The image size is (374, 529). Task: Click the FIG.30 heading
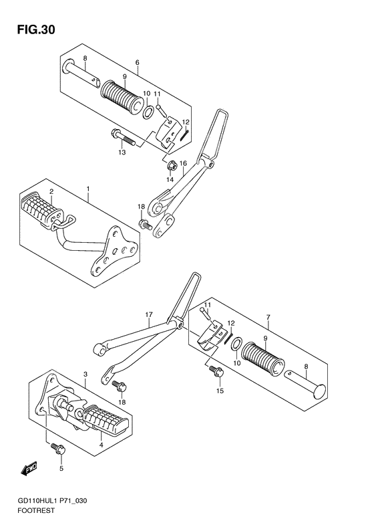click(x=36, y=30)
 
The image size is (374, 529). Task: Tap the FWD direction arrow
click(x=29, y=469)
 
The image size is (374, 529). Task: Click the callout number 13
click(x=122, y=152)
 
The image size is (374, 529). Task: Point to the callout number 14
click(x=170, y=179)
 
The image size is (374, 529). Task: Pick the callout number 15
click(x=220, y=391)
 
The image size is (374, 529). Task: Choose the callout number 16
click(x=183, y=164)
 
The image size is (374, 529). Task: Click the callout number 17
click(x=149, y=315)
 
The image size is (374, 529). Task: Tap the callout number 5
click(x=61, y=468)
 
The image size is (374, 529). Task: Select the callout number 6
click(x=137, y=62)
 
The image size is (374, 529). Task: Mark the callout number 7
click(x=268, y=317)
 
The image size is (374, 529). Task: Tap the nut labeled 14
click(x=171, y=166)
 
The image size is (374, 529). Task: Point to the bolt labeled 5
click(x=58, y=448)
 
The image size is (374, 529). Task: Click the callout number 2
click(x=51, y=192)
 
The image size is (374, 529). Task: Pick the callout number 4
click(x=101, y=445)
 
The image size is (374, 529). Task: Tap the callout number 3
click(x=85, y=374)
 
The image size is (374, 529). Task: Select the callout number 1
click(x=88, y=189)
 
